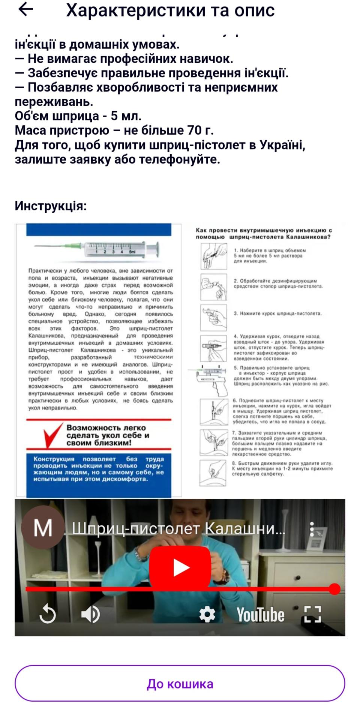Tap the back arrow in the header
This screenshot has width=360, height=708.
[25, 10]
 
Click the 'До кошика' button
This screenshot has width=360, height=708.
[180, 683]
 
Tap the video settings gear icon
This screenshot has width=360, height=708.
[207, 615]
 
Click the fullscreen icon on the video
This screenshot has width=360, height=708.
[312, 615]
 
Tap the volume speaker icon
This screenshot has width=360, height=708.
[90, 615]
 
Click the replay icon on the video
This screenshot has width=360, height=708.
[48, 615]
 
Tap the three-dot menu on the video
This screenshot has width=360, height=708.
[312, 529]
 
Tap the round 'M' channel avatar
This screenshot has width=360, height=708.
[43, 528]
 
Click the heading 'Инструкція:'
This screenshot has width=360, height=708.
[51, 206]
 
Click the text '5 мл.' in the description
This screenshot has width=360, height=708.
[126, 116]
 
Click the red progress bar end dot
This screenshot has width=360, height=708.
[335, 589]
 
